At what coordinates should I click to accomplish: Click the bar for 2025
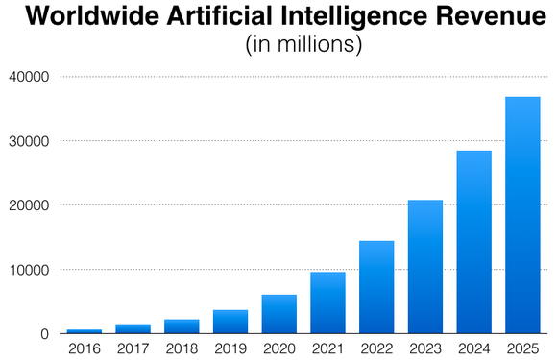point(522,215)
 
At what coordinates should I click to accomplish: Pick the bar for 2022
point(375,287)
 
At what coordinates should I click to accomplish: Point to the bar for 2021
point(327,302)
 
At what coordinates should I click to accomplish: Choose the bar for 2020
point(278,314)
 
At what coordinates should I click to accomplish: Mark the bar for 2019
point(230,322)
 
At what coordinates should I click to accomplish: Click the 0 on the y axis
point(45,334)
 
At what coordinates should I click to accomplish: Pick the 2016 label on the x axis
point(85,348)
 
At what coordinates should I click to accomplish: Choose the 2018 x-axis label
point(182,348)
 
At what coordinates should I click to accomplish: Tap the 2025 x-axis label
point(522,348)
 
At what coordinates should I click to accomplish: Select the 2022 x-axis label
point(375,348)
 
